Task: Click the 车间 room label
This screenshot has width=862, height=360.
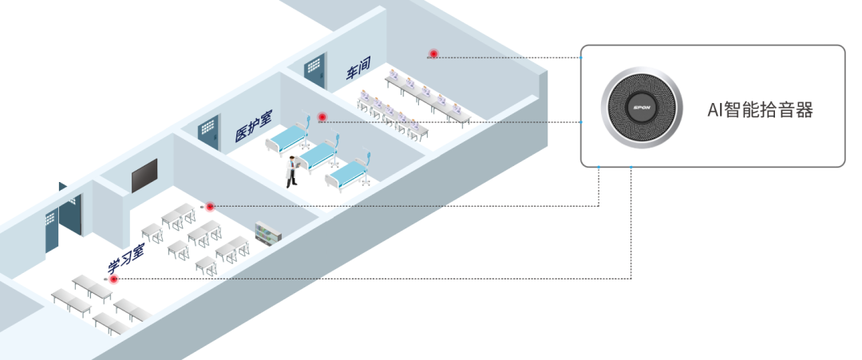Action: coord(358,71)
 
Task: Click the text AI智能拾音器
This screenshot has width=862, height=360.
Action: coord(760,110)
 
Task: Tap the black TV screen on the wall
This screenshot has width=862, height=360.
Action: coord(144,176)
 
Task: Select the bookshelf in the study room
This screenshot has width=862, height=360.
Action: coord(268,232)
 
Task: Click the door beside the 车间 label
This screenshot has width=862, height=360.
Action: coord(315,72)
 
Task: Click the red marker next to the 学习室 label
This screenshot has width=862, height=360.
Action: coord(113,279)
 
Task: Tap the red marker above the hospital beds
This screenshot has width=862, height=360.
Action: coord(322,117)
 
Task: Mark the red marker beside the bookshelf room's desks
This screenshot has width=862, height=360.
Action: coord(211,207)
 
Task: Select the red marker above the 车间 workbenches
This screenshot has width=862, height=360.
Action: coord(433,54)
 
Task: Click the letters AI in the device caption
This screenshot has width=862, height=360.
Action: coord(714,110)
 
